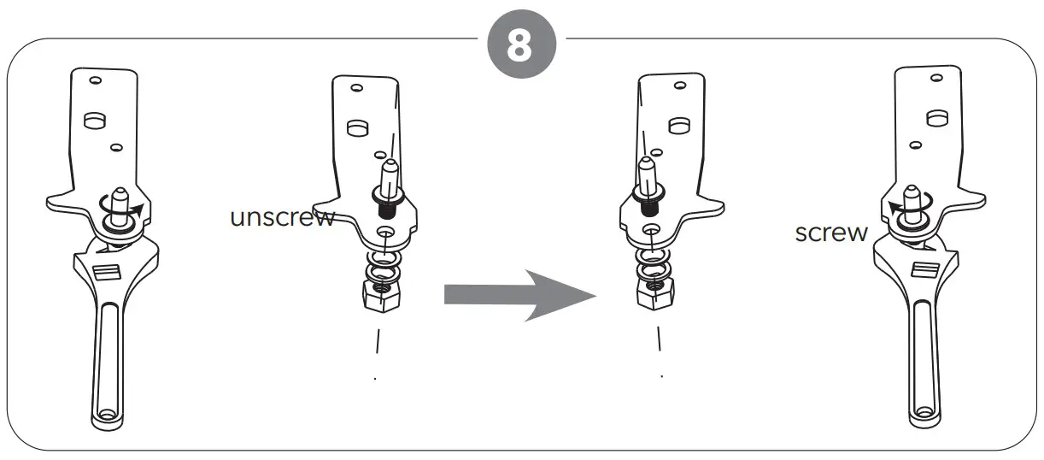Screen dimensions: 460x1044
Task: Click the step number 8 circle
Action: point(521,45)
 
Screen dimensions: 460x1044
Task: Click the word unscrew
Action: point(283,217)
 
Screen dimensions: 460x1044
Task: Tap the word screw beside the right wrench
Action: point(831,232)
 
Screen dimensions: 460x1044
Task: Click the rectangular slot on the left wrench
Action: point(107,273)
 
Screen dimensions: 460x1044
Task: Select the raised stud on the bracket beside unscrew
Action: point(356,127)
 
